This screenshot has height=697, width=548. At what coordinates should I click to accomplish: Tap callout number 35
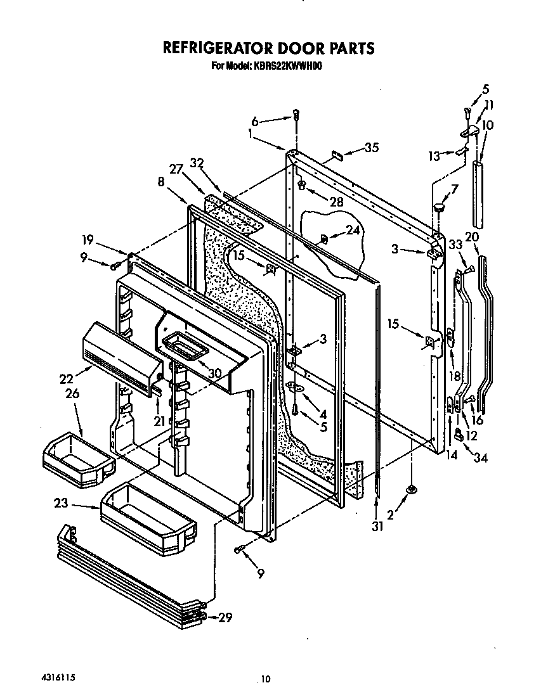372,148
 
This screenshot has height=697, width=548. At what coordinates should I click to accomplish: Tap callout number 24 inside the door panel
352,231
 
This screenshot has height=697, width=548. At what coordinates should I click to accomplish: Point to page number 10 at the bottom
266,679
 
